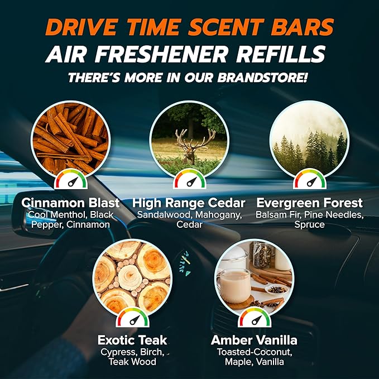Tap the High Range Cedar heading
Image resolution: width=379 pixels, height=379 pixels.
pyautogui.click(x=190, y=202)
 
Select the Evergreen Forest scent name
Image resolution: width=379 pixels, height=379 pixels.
pyautogui.click(x=309, y=202)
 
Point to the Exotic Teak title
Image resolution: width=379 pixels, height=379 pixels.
pyautogui.click(x=132, y=339)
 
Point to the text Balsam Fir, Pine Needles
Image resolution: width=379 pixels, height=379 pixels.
pyautogui.click(x=309, y=215)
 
